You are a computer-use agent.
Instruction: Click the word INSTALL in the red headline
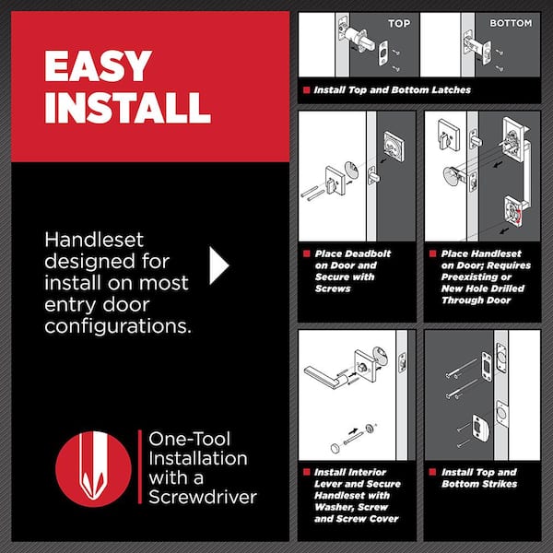click(127, 107)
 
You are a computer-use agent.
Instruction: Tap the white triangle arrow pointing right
click(219, 265)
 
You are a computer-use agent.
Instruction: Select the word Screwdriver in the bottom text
click(203, 497)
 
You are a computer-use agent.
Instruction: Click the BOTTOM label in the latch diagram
click(511, 23)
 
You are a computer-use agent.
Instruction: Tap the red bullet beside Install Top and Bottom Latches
click(306, 90)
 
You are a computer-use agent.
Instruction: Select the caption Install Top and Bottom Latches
click(393, 90)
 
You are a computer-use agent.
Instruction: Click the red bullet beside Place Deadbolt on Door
click(306, 253)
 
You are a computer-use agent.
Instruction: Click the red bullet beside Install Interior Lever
click(306, 472)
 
